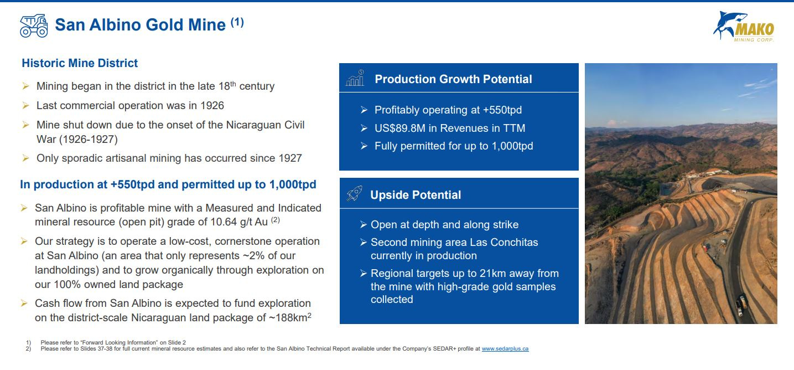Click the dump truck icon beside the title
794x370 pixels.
[34, 25]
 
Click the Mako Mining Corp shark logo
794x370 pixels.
[744, 27]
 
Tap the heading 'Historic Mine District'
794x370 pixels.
[80, 63]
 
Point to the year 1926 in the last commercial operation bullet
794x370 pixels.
[212, 106]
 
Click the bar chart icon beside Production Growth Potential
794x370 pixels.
[355, 78]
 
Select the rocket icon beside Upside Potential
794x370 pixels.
[354, 194]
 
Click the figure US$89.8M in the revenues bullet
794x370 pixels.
[400, 128]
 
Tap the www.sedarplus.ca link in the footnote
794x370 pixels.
[505, 349]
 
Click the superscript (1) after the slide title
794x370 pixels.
[237, 22]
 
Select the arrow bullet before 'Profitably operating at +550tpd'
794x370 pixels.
[364, 110]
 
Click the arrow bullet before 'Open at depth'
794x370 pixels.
[364, 224]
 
